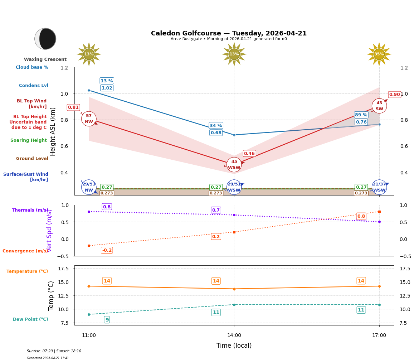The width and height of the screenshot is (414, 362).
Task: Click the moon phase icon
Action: (45, 39)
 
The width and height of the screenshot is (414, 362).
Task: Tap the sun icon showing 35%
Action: (379, 54)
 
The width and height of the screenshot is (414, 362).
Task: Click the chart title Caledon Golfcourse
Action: (229, 33)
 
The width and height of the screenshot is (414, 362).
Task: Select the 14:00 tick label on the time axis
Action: (234, 335)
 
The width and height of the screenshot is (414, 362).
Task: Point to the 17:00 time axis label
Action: (379, 335)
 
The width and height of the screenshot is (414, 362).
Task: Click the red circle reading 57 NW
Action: (89, 119)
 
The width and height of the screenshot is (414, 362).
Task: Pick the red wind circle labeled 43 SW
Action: (379, 106)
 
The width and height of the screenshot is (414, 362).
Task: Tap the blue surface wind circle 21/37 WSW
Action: (379, 187)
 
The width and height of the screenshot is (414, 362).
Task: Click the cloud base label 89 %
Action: (361, 115)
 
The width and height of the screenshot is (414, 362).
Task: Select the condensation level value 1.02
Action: (107, 88)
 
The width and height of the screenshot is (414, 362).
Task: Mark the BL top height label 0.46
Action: (249, 154)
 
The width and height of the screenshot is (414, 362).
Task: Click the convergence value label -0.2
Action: (107, 250)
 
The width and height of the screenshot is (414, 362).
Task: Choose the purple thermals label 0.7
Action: (216, 210)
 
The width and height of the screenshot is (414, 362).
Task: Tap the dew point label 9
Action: (107, 320)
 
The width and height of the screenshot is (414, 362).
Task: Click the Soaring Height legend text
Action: (29, 140)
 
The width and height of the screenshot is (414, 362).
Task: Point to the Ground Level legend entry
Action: (32, 159)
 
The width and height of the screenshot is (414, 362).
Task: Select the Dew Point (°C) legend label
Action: (30, 319)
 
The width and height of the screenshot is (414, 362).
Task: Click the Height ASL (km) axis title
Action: (53, 131)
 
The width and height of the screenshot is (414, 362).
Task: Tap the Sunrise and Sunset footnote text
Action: (54, 351)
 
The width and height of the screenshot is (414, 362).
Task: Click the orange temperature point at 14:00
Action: (234, 289)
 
